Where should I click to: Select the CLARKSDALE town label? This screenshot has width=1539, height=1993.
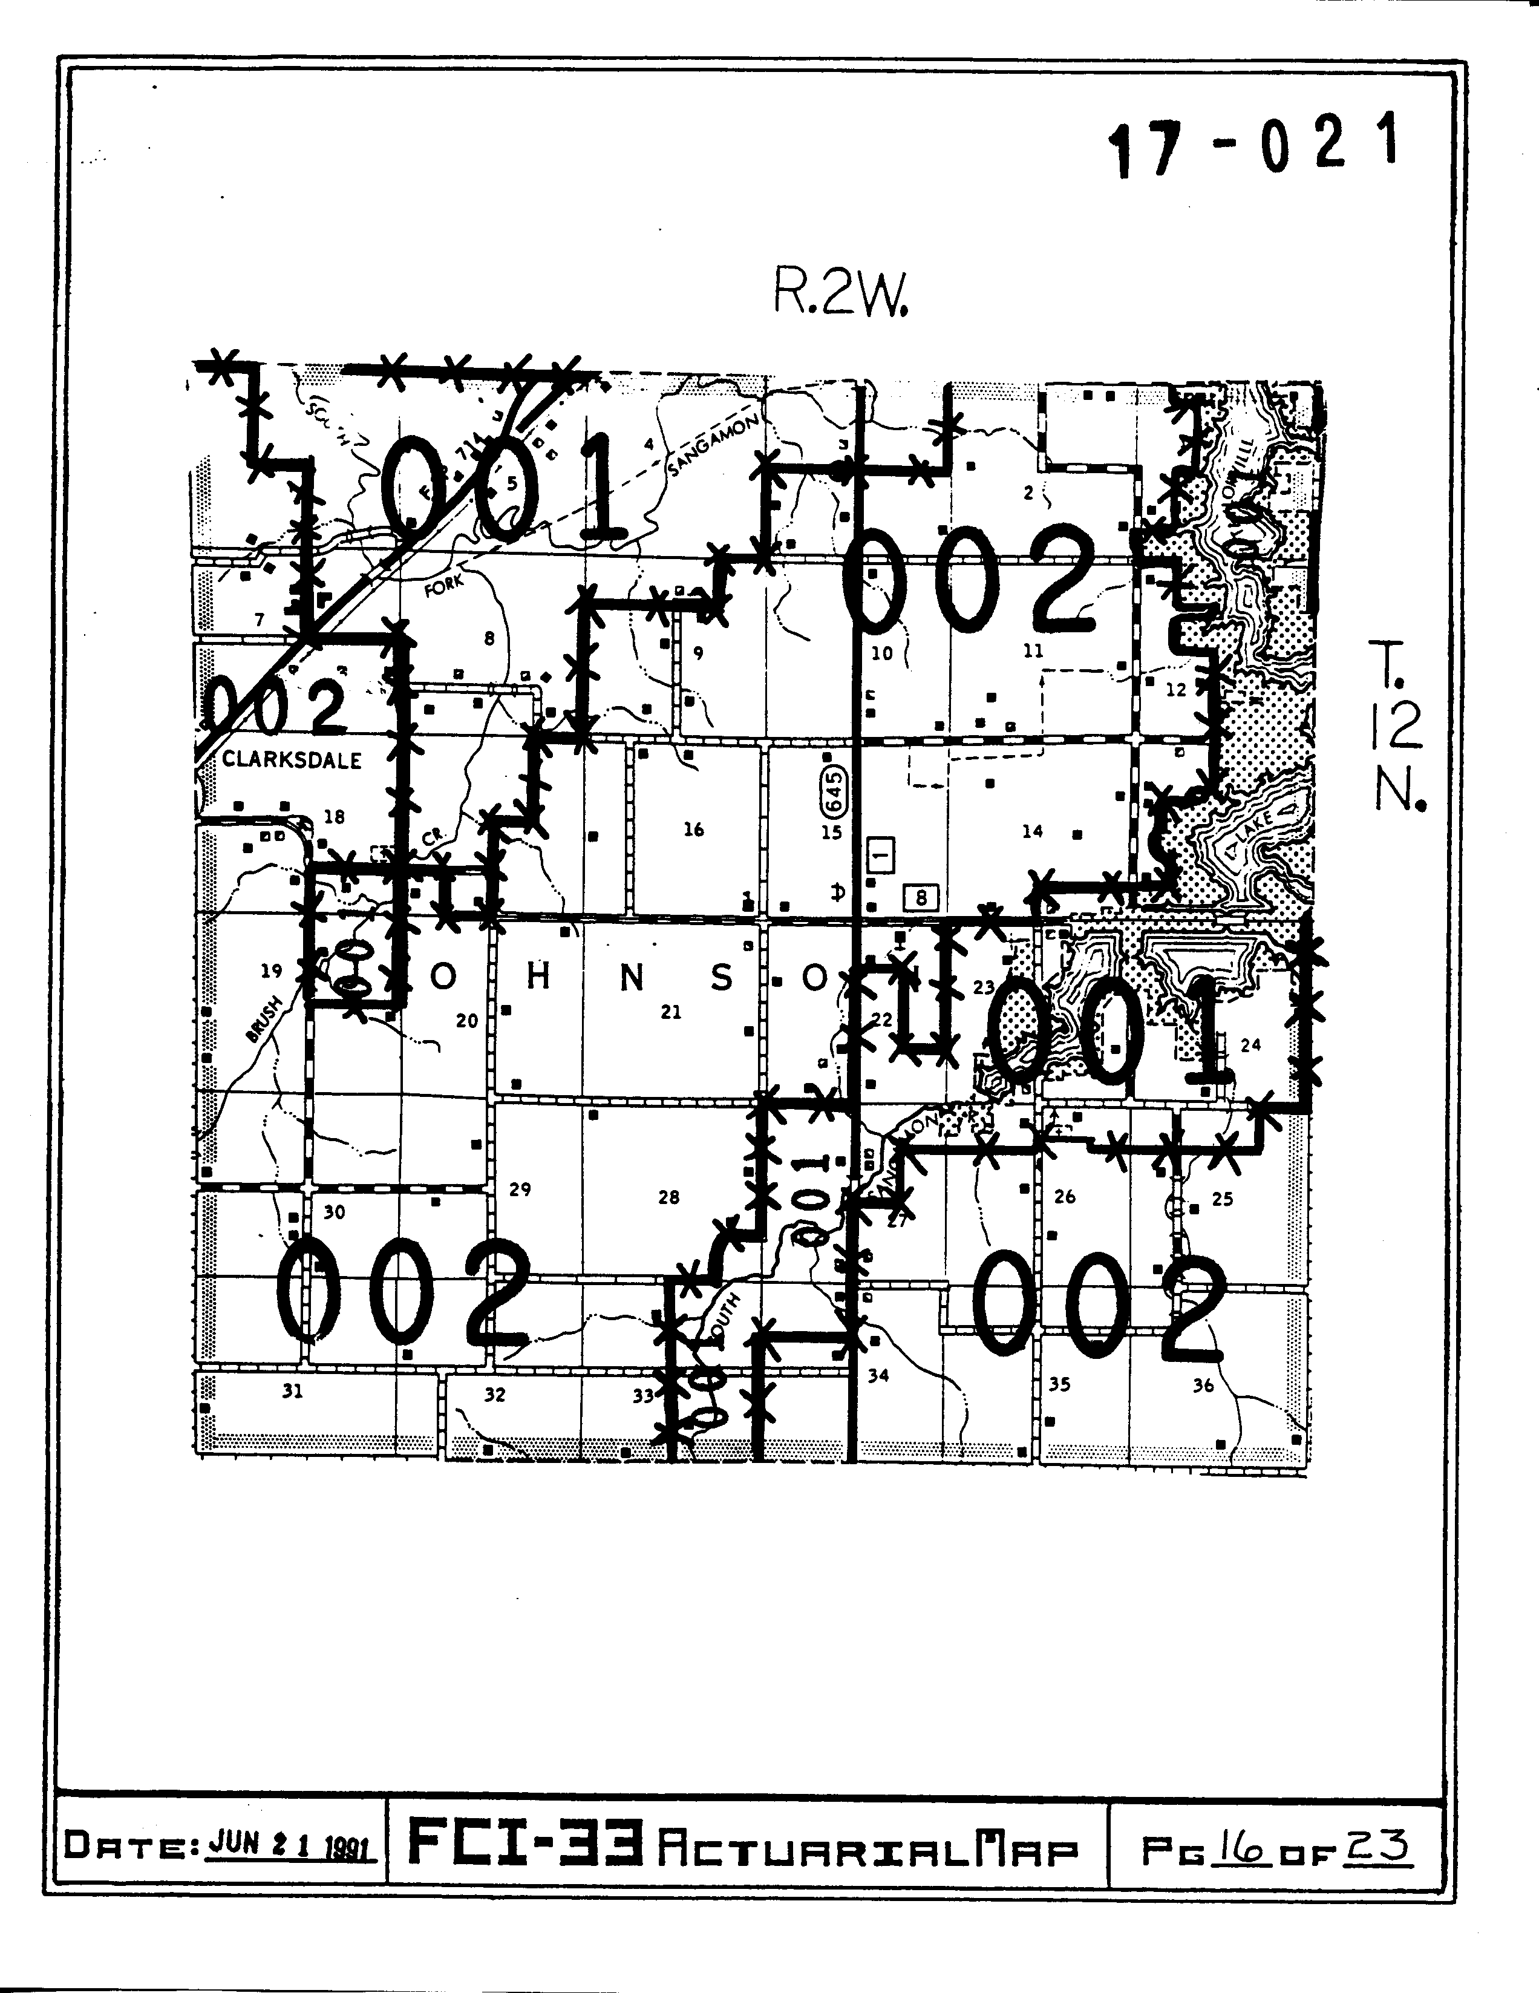point(292,760)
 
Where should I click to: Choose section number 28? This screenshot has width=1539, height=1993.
point(668,1197)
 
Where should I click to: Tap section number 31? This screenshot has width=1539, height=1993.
point(292,1392)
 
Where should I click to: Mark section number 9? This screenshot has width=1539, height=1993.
point(698,652)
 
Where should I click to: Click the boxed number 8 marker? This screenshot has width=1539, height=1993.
point(921,898)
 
